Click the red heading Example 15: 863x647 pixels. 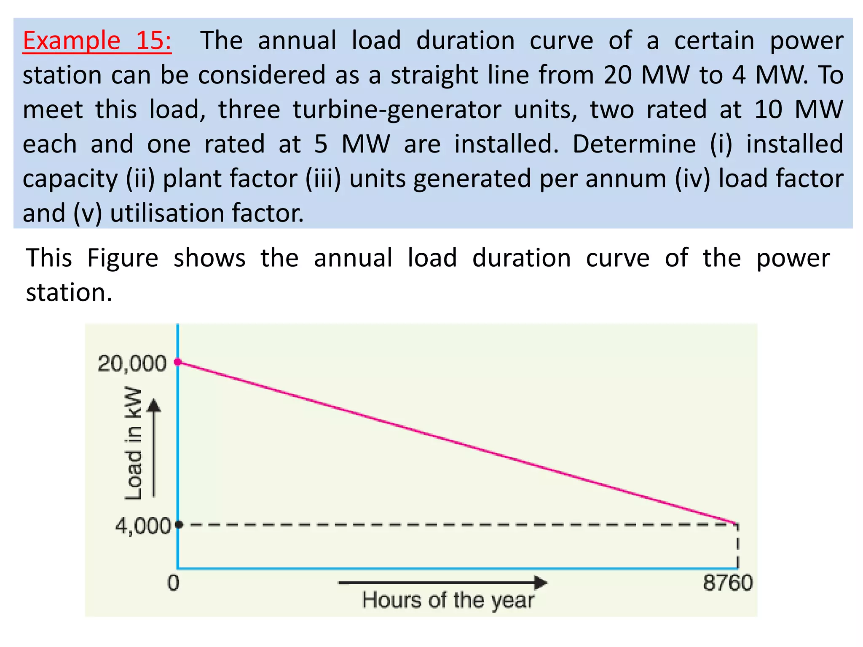tap(97, 41)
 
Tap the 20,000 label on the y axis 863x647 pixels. tap(132, 363)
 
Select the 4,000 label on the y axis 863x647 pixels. tap(143, 526)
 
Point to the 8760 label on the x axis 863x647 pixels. tap(727, 583)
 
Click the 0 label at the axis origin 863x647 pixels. tap(174, 583)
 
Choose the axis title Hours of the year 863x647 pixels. tap(448, 600)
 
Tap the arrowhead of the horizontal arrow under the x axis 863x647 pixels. tap(541, 583)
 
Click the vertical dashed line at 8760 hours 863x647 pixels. tap(737, 547)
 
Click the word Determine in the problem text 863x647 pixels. tap(634, 144)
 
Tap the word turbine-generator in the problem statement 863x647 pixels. tap(397, 110)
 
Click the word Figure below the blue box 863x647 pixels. tap(123, 258)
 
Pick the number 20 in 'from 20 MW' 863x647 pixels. tap(618, 75)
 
